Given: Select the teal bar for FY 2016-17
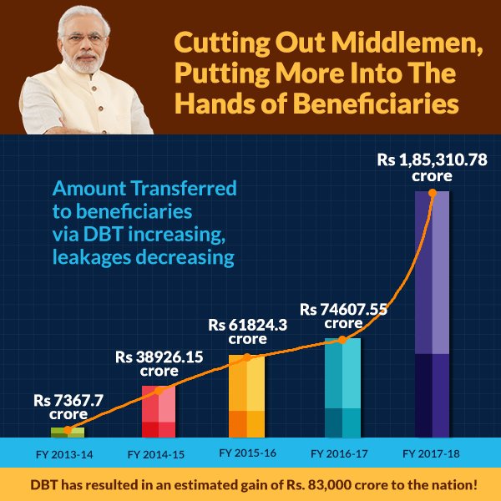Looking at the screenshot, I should coord(342,387).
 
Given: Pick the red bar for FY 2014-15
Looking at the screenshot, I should coord(158,411).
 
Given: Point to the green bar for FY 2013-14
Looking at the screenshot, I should coord(68,432).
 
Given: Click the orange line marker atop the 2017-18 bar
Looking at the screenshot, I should coord(432,192).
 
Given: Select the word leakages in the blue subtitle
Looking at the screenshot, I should coord(88,257).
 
